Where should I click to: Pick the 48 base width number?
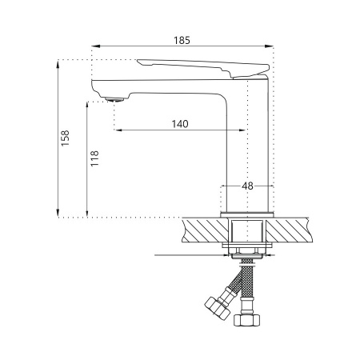(x=247, y=186)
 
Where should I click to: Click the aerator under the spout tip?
(x=115, y=98)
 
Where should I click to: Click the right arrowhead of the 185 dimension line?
(x=273, y=47)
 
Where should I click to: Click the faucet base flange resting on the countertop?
(x=247, y=214)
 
